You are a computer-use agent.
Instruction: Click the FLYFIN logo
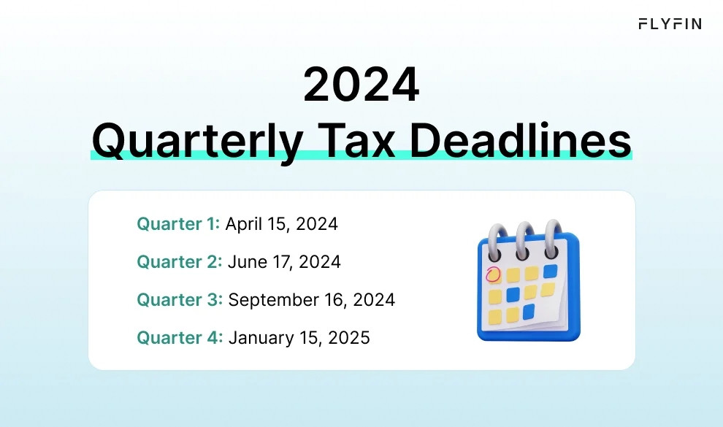[x=670, y=23]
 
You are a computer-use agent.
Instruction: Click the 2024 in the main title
[x=361, y=86]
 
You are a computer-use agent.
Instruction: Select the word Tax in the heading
[x=356, y=139]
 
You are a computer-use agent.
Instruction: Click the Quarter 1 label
[x=178, y=224]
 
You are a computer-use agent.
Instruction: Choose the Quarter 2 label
[x=179, y=262]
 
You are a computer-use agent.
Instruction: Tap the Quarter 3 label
[x=180, y=300]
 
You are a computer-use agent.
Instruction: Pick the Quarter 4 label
[x=180, y=338]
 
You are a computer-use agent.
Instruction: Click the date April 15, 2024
[x=281, y=224]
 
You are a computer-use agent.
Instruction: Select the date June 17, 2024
[x=284, y=262]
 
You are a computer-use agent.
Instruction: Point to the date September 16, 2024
[x=312, y=300]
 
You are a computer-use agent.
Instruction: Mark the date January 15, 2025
[x=299, y=338]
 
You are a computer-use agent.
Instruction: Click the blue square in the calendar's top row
[x=550, y=271]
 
